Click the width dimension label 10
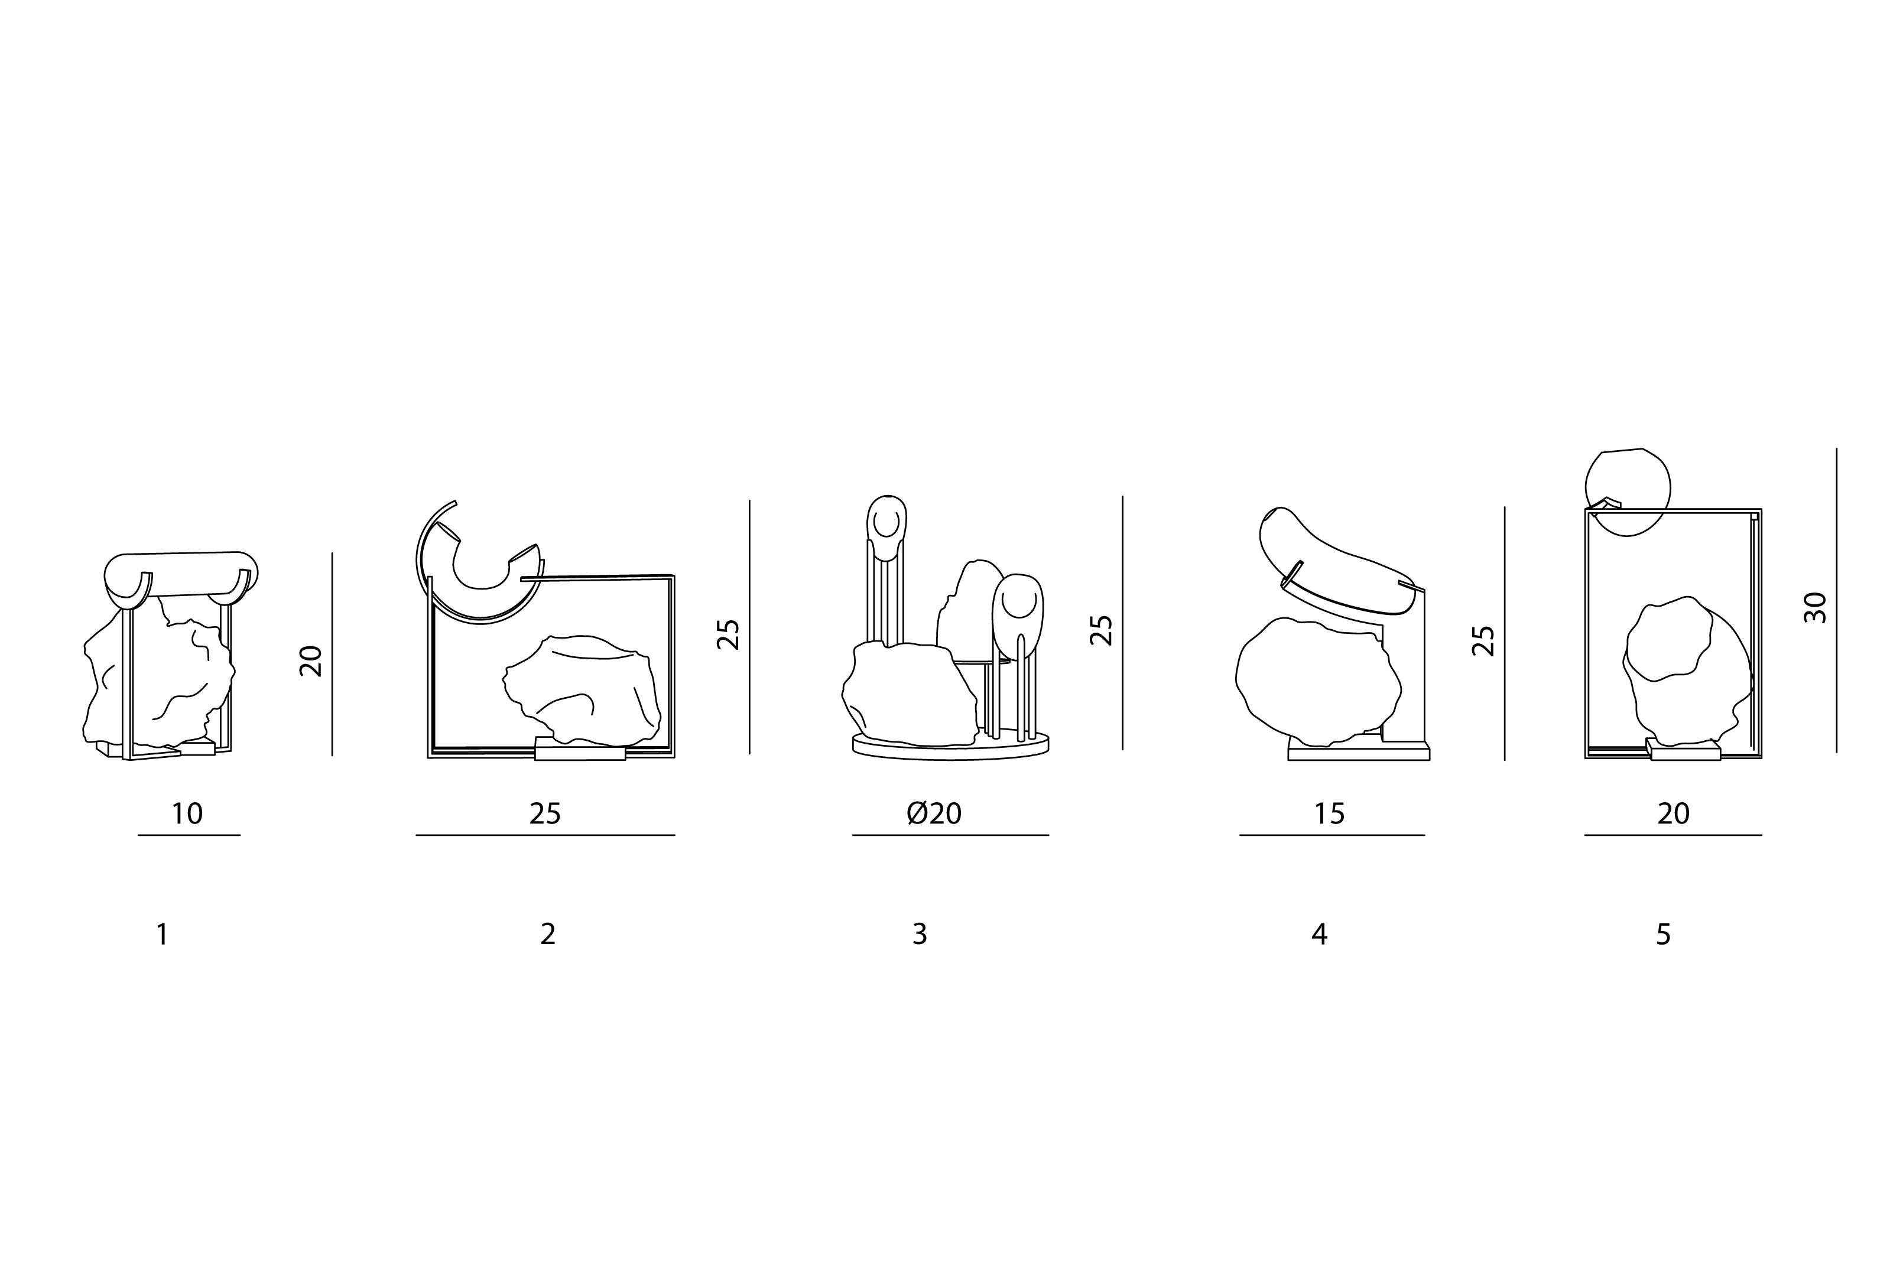[x=187, y=814]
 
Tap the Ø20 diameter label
[x=934, y=814]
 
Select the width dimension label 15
[x=1330, y=814]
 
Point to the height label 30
[x=1815, y=608]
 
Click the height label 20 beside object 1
[x=311, y=661]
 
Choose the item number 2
[x=548, y=934]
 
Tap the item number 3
[x=920, y=934]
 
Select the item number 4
[x=1320, y=934]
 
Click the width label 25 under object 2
[x=545, y=814]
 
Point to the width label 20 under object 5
[x=1674, y=814]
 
